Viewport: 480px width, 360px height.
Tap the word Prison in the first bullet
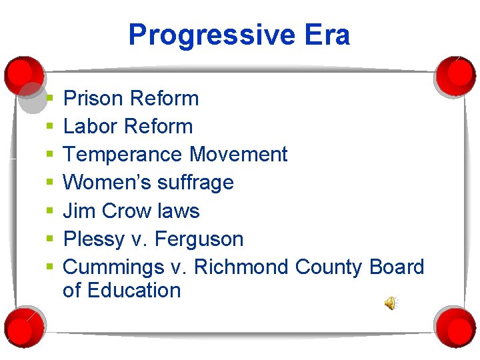(x=93, y=99)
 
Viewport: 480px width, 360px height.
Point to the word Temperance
(x=123, y=155)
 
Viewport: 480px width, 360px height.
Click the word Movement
(x=238, y=155)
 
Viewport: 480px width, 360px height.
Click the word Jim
(x=76, y=211)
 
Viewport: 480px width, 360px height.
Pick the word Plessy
(x=93, y=239)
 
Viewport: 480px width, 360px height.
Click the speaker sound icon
(x=390, y=304)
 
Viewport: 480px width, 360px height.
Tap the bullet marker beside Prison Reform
(x=49, y=99)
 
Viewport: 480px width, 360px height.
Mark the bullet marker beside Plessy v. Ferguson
(x=49, y=239)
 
